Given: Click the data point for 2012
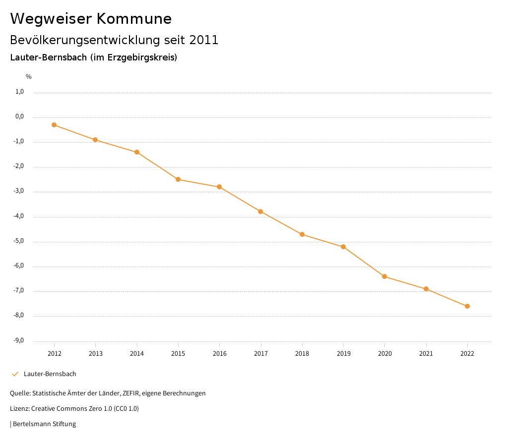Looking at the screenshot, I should pyautogui.click(x=54, y=125).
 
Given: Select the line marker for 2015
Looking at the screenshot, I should pyautogui.click(x=178, y=179).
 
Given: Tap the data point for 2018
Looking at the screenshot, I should pyautogui.click(x=302, y=234).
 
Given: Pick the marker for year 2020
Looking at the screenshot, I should pyautogui.click(x=384, y=276).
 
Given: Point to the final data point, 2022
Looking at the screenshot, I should pyautogui.click(x=467, y=306).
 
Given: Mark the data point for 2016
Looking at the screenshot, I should pyautogui.click(x=219, y=187).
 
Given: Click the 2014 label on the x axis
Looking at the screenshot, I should pyautogui.click(x=137, y=354).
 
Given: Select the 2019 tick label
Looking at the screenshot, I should pyautogui.click(x=343, y=354).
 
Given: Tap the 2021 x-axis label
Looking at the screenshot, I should pyautogui.click(x=426, y=354).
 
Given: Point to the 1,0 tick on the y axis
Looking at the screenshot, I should pyautogui.click(x=20, y=92).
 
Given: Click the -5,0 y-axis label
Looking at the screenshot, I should pyautogui.click(x=19, y=241).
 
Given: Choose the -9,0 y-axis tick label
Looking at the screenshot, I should pyautogui.click(x=19, y=340).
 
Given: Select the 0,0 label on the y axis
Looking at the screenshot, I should pyautogui.click(x=20, y=117).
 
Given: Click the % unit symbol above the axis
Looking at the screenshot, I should pyautogui.click(x=29, y=77).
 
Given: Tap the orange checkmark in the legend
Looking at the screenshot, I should pyautogui.click(x=15, y=374).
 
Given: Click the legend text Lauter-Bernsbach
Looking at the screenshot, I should pyautogui.click(x=50, y=374).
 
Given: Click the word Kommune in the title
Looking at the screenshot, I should pyautogui.click(x=134, y=19).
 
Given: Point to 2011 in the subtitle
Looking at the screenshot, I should pyautogui.click(x=204, y=40).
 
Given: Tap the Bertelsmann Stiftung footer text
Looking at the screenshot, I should pyautogui.click(x=44, y=424).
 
